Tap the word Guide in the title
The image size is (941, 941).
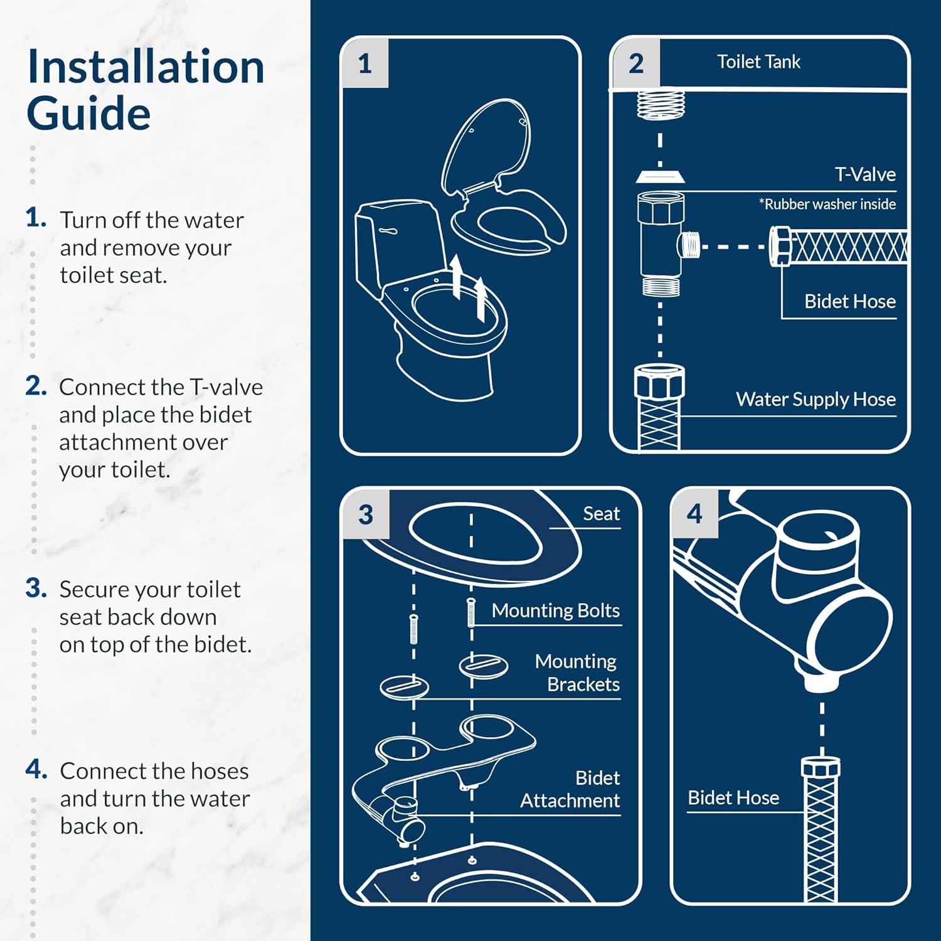(88, 114)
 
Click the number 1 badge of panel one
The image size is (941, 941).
(365, 63)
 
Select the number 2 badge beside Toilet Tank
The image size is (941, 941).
(635, 63)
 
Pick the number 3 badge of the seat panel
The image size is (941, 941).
(366, 515)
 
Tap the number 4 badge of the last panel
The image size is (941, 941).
(694, 514)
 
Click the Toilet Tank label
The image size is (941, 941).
(758, 62)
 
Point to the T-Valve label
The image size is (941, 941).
(864, 174)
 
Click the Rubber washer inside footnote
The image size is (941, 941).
(827, 204)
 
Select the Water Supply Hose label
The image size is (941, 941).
(816, 400)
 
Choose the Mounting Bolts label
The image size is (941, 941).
(555, 610)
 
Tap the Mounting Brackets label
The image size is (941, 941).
(577, 673)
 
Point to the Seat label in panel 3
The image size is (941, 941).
(601, 514)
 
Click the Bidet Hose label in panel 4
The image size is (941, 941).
(733, 798)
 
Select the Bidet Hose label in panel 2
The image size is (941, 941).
(850, 302)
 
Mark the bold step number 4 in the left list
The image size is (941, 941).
(36, 769)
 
